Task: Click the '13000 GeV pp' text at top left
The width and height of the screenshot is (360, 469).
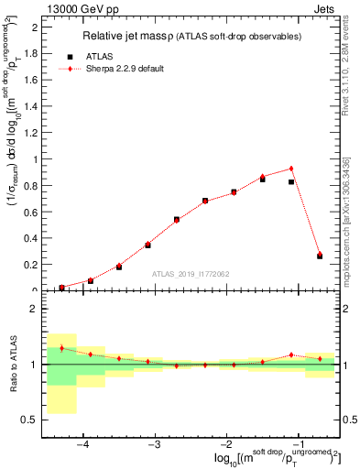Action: (78, 8)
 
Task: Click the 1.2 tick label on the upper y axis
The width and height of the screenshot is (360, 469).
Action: (34, 133)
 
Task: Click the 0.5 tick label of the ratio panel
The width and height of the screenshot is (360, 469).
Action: (30, 420)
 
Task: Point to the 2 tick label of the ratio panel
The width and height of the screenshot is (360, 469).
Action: (34, 310)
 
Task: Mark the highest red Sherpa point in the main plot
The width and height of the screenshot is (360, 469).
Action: (291, 169)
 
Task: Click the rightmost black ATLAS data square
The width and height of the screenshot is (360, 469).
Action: (320, 256)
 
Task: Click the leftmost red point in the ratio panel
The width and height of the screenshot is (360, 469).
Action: (61, 348)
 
